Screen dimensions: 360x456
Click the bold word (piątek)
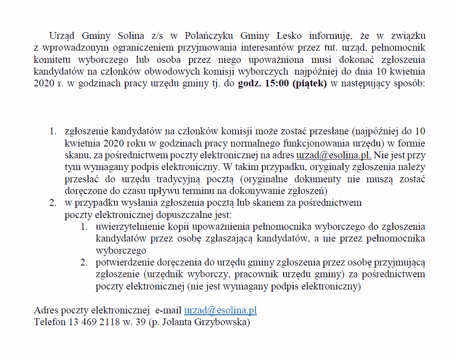[309, 83]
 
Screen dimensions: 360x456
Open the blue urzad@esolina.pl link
[220, 311]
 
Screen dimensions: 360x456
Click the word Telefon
[49, 322]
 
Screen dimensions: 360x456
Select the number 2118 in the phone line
[106, 322]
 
